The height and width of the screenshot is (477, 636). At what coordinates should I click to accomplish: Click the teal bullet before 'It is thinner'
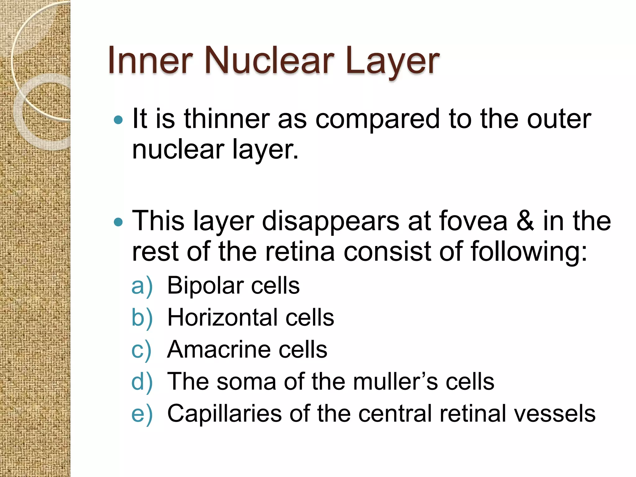tap(118, 120)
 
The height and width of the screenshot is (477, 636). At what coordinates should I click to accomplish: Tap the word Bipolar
tap(205, 286)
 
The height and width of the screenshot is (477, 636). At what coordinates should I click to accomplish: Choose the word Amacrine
tap(219, 349)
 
